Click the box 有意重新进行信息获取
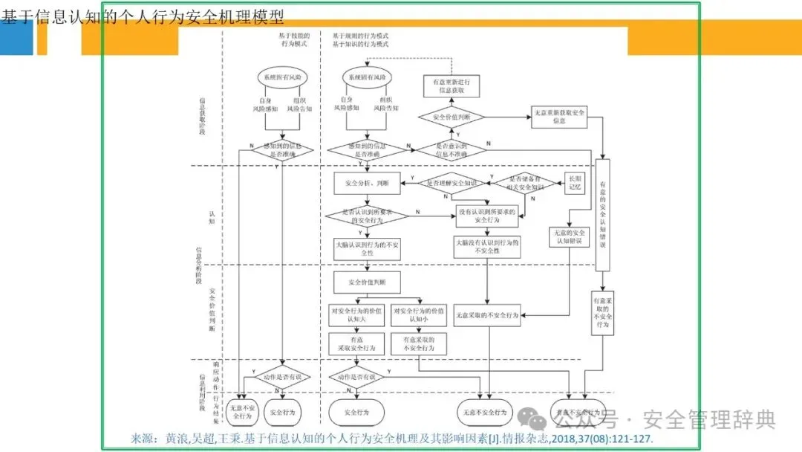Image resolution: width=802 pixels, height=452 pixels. point(451,86)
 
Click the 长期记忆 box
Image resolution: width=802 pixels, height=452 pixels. point(576,183)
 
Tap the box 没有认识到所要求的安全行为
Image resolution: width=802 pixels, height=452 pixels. point(486,216)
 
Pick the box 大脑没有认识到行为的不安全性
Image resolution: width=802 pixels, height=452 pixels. point(486,247)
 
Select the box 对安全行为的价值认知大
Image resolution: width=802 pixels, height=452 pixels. point(356,315)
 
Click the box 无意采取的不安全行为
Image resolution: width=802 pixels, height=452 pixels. point(487,315)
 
